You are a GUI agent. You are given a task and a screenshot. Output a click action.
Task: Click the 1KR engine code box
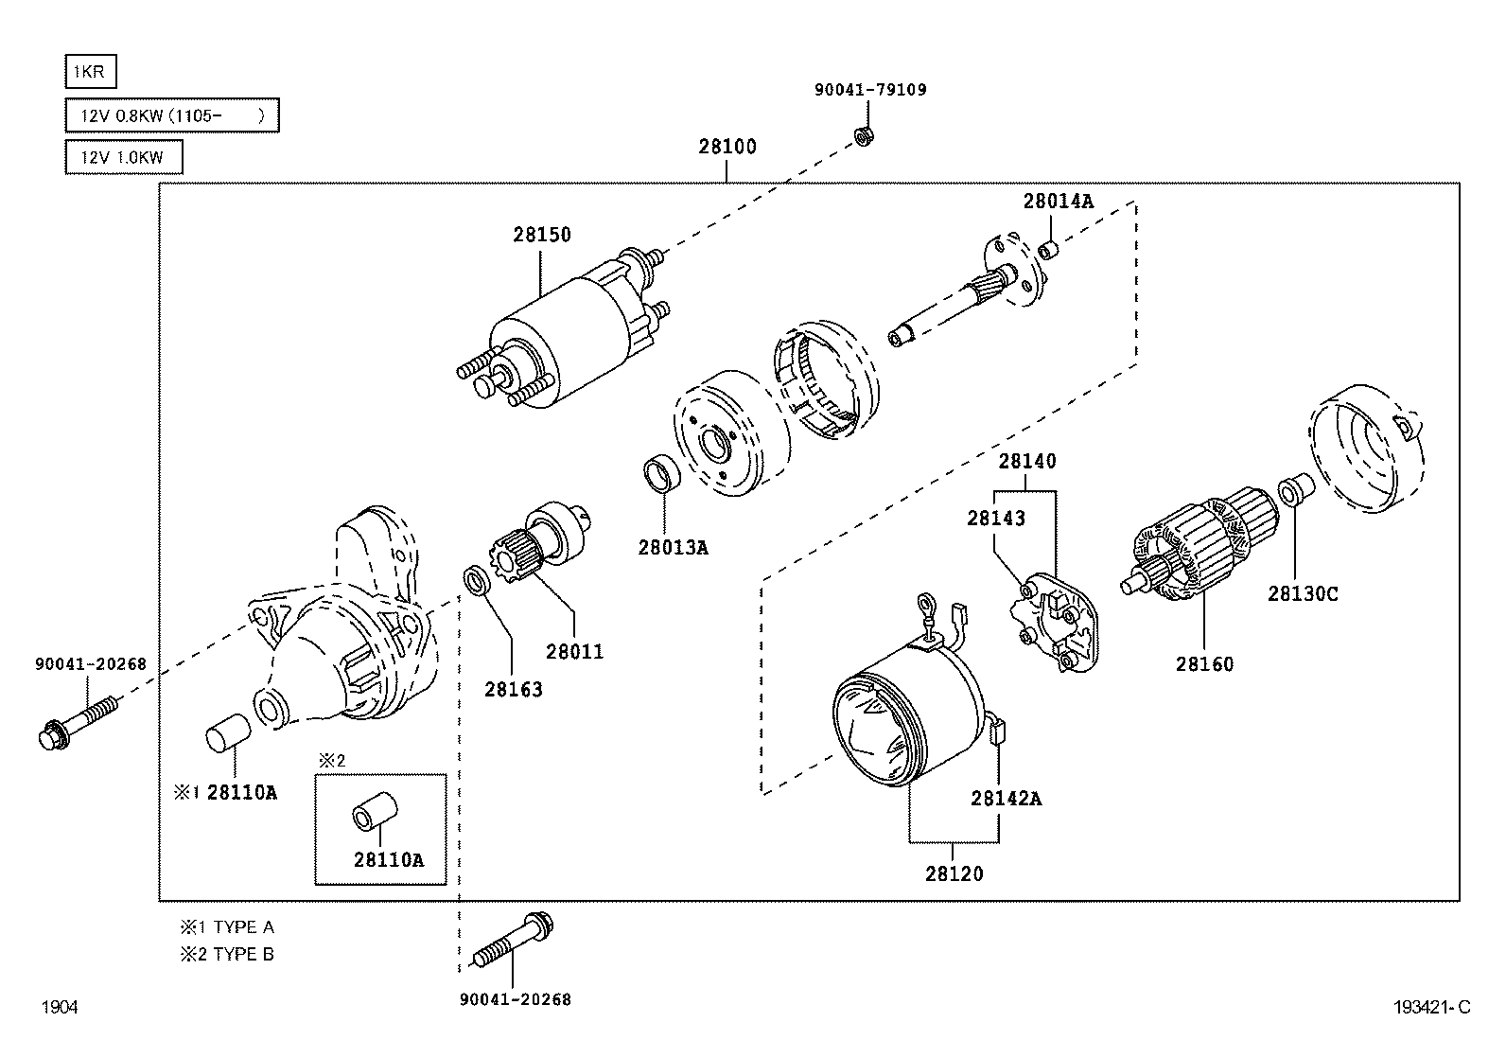[91, 71]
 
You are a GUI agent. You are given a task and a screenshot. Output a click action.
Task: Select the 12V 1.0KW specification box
[124, 157]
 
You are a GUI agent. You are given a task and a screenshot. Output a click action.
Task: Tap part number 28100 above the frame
[727, 146]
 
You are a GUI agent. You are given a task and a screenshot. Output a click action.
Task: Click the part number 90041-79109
[870, 90]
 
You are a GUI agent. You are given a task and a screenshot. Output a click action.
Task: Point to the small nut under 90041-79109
[864, 136]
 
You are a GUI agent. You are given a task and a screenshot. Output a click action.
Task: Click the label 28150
[542, 235]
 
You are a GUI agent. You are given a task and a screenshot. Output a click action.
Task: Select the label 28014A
[1059, 202]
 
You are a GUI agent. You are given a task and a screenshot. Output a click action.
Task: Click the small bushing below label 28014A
[1049, 250]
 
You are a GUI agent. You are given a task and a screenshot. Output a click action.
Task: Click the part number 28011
[574, 652]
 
